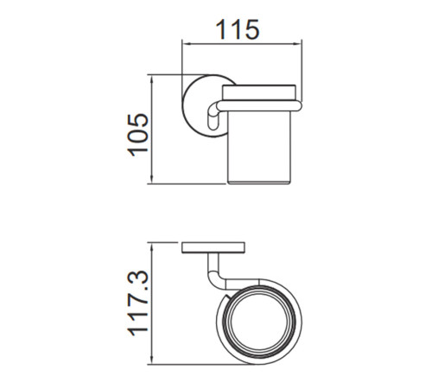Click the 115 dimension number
pyautogui.click(x=238, y=29)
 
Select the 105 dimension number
pyautogui.click(x=137, y=135)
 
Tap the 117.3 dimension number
pyautogui.click(x=137, y=303)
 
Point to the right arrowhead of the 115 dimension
pyautogui.click(x=296, y=44)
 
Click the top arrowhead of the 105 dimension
pyautogui.click(x=152, y=80)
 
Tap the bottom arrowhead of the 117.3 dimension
pyautogui.click(x=152, y=360)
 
